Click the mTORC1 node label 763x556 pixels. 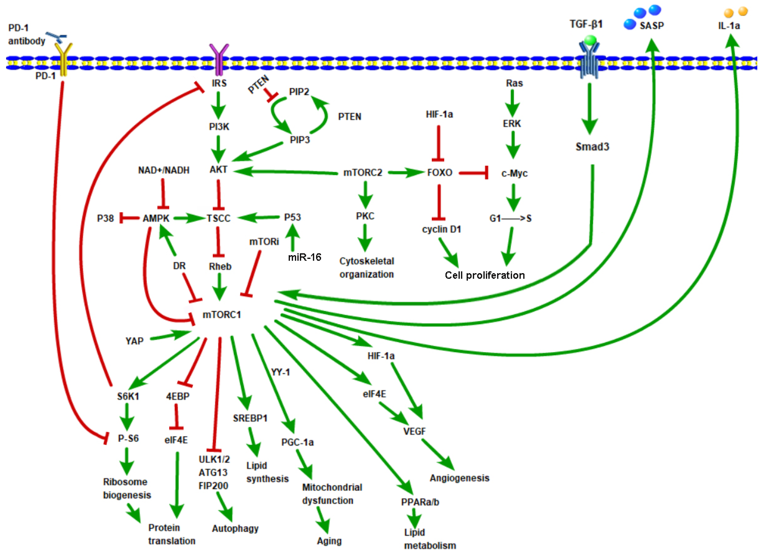[222, 315]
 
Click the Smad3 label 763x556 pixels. [592, 147]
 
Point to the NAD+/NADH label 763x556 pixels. [164, 170]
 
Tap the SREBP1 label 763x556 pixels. [250, 418]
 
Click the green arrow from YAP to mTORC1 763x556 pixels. [170, 336]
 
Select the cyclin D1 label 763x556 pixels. [441, 230]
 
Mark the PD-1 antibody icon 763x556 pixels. [57, 37]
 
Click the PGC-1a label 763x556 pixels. [298, 442]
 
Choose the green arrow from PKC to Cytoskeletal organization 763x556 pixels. [365, 238]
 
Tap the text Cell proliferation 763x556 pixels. [485, 275]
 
